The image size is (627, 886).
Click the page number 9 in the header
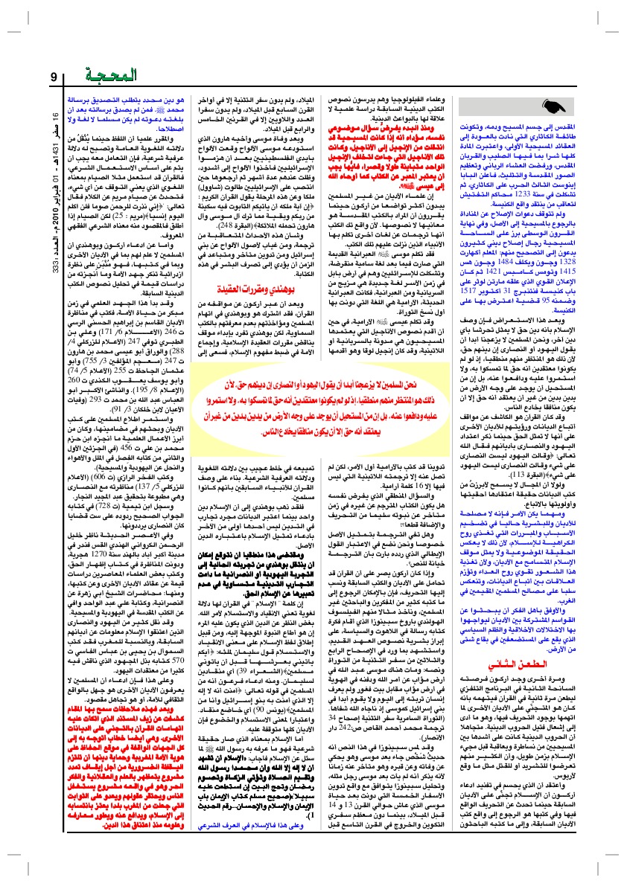coord(54,77)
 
